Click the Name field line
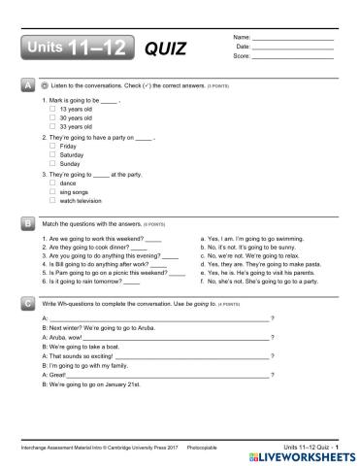point(292,38)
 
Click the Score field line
point(292,56)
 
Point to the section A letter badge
point(25,86)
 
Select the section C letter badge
point(25,304)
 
